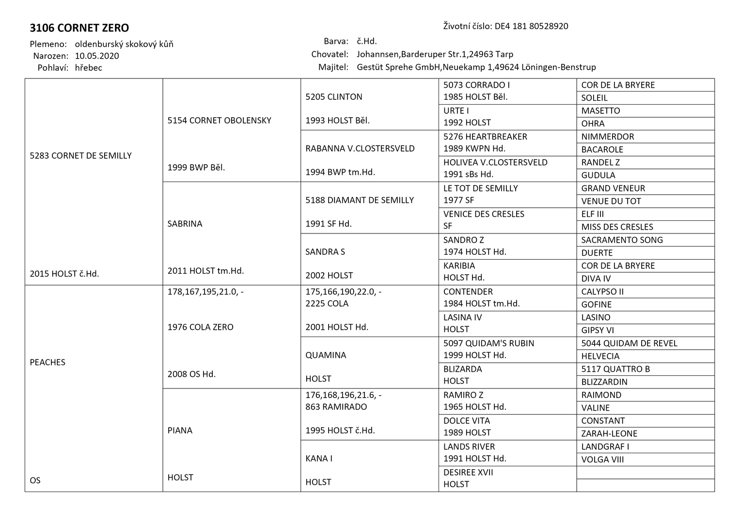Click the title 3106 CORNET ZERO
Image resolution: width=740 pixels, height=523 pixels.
pos(79,28)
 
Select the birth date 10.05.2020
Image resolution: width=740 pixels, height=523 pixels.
pos(97,56)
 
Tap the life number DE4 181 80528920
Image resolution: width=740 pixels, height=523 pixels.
pos(531,26)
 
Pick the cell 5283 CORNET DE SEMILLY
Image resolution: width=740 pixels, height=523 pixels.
pos(80,155)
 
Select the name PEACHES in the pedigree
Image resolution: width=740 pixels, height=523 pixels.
pos(47,362)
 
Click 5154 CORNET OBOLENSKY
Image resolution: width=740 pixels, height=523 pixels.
pos(219,120)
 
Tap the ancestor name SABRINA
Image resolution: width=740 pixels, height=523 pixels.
pos(185,224)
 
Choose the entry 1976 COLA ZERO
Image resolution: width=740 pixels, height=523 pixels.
pos(200,327)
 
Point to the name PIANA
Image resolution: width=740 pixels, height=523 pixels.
pos(180,430)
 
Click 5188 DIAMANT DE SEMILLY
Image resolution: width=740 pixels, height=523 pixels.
pos(359,200)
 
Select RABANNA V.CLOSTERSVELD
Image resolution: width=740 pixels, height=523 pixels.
pos(360,148)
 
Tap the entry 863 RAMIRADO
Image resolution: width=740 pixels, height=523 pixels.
pos(336,407)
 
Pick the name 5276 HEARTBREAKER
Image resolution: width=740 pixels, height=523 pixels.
pos(485,137)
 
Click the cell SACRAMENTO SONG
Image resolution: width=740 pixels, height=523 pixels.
pos(622,240)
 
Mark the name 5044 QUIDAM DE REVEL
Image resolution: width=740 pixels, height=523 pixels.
pos(629,343)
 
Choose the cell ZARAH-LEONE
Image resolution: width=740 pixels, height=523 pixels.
pos(609,433)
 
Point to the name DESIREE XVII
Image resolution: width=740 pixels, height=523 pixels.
pos(468,472)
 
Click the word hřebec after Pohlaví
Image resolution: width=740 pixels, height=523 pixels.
pos(88,68)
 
